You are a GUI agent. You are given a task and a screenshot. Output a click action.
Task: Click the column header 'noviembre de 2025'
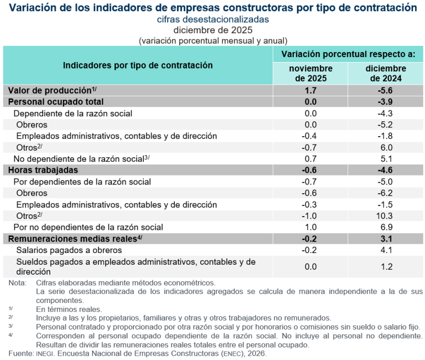[x=310, y=73]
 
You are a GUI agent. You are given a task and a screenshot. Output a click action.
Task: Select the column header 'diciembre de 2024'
[x=386, y=73]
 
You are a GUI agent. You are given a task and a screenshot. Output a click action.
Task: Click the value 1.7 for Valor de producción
[x=310, y=90]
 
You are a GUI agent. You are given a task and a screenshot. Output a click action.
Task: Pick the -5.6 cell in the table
[x=386, y=90]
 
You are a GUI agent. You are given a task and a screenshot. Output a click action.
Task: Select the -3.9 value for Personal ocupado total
[x=386, y=102]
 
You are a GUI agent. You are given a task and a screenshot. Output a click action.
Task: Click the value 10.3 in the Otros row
[x=386, y=215]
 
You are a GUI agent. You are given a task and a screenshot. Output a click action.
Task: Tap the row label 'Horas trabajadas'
[x=43, y=170]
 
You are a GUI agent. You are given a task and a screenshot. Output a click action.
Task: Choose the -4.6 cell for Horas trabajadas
[x=386, y=170]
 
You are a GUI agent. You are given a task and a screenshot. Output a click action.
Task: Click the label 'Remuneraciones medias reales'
[x=72, y=239]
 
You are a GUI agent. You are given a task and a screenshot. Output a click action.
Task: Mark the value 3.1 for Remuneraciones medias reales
[x=386, y=239]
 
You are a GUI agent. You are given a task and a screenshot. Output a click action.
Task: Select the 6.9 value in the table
[x=386, y=227]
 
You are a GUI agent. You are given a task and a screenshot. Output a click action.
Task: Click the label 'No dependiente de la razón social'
[x=78, y=159]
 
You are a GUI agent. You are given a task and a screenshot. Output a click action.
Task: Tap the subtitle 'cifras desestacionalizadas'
[x=212, y=19]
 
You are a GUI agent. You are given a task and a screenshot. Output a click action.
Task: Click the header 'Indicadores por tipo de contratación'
[x=138, y=65]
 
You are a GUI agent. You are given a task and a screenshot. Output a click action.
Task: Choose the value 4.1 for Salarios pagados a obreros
[x=386, y=250]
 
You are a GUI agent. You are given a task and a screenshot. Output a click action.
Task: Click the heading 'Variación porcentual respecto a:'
[x=348, y=54]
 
